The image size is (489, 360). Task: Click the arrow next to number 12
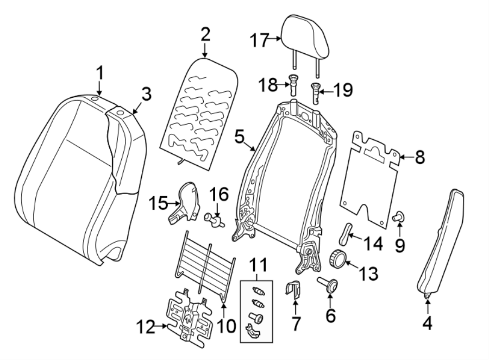point(161,327)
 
